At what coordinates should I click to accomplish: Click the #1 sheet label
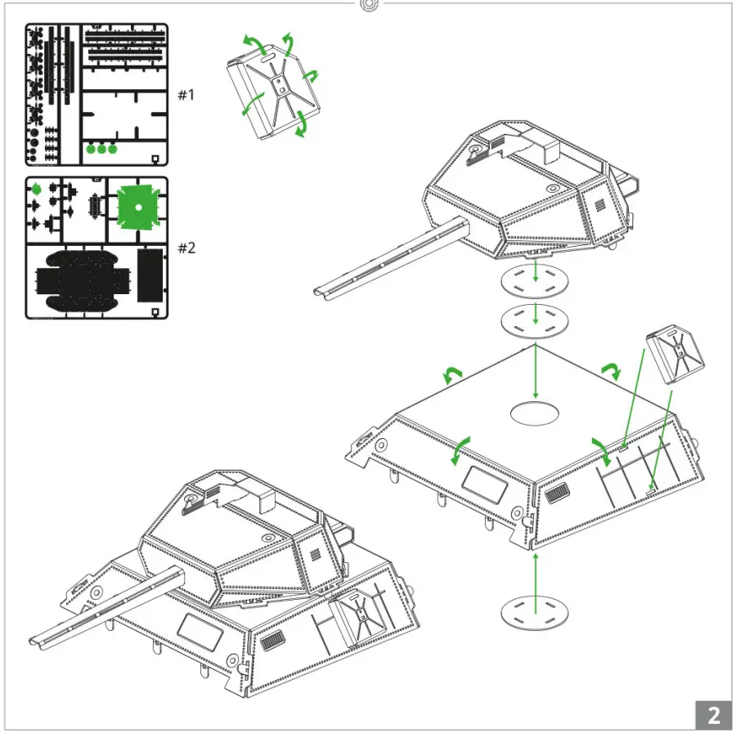pyautogui.click(x=186, y=95)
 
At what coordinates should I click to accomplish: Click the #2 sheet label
pyautogui.click(x=186, y=248)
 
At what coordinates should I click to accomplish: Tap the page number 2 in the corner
pyautogui.click(x=713, y=715)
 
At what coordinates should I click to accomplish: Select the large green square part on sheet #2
pyautogui.click(x=137, y=208)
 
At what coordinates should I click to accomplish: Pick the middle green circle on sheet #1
pyautogui.click(x=101, y=149)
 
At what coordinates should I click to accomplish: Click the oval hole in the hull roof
pyautogui.click(x=536, y=413)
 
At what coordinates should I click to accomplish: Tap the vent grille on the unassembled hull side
pyautogui.click(x=558, y=494)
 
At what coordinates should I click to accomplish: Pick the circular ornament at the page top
pyautogui.click(x=369, y=5)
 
